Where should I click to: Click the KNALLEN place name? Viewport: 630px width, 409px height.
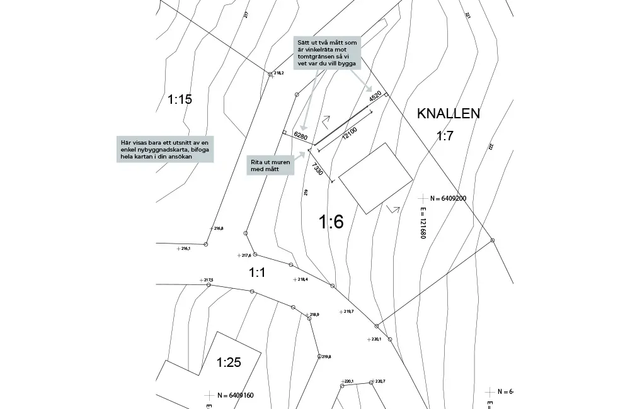pyautogui.click(x=448, y=114)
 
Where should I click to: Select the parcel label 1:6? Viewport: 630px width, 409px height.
pyautogui.click(x=331, y=221)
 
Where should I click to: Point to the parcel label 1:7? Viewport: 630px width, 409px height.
pyautogui.click(x=445, y=136)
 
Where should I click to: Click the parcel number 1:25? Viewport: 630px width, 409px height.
pyautogui.click(x=229, y=362)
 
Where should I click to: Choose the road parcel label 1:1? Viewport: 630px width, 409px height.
pyautogui.click(x=257, y=272)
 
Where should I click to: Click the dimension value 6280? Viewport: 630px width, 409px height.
pyautogui.click(x=301, y=137)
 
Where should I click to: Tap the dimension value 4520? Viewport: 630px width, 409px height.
pyautogui.click(x=375, y=97)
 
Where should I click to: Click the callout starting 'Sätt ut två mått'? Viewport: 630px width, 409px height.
pyautogui.click(x=328, y=53)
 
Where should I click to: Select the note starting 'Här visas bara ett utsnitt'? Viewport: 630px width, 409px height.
pyautogui.click(x=164, y=150)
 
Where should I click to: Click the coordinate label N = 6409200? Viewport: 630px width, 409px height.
pyautogui.click(x=445, y=198)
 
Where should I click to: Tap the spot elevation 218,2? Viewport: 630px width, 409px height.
pyautogui.click(x=278, y=73)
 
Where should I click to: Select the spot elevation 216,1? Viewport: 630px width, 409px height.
pyautogui.click(x=185, y=249)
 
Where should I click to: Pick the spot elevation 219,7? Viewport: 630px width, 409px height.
pyautogui.click(x=348, y=311)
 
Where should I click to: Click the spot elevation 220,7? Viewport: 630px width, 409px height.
pyautogui.click(x=379, y=381)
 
